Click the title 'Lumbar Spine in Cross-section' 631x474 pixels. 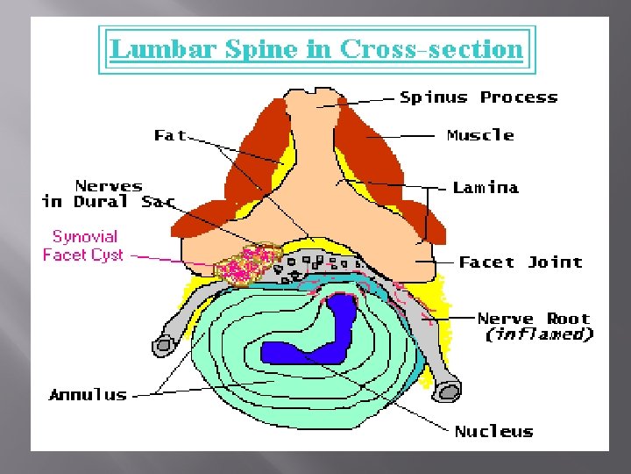(316, 48)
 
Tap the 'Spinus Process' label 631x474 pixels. (479, 97)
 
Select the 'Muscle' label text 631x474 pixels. (480, 135)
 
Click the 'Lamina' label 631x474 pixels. (486, 187)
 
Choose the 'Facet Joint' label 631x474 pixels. (521, 262)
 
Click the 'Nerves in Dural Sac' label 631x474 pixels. (109, 194)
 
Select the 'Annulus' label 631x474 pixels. (88, 395)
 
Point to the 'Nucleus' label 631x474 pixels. (493, 431)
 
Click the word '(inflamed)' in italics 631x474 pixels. (539, 334)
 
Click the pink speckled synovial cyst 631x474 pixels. (247, 262)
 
